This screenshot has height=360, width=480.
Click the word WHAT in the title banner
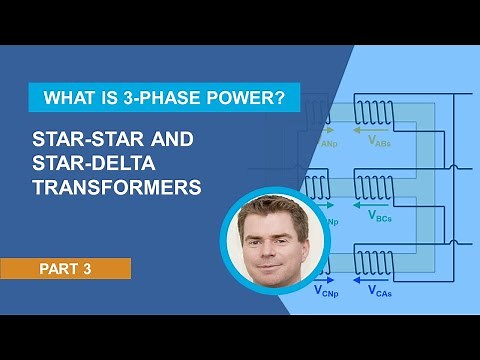pos(66,99)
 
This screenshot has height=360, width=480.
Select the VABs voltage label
pos(379,143)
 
